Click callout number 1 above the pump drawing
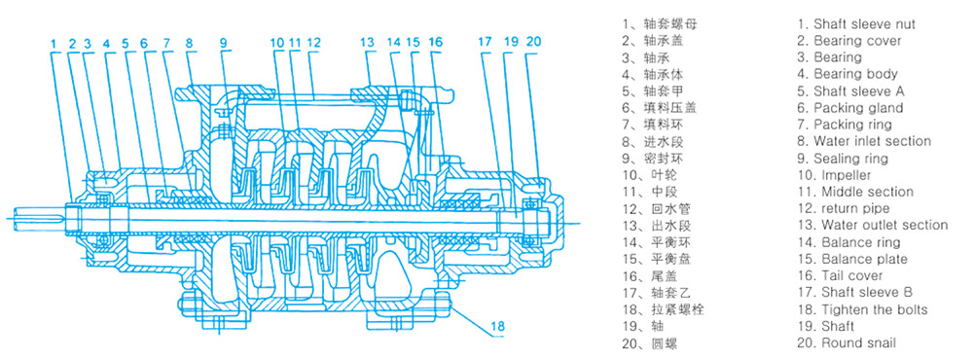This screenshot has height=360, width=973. click(54, 43)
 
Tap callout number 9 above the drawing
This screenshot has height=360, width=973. click(224, 43)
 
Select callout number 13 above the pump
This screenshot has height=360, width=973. click(368, 43)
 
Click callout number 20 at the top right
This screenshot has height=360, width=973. click(533, 43)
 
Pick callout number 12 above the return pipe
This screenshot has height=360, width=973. click(313, 43)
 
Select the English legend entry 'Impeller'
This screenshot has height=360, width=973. click(847, 175)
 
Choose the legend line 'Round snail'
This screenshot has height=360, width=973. click(859, 342)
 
